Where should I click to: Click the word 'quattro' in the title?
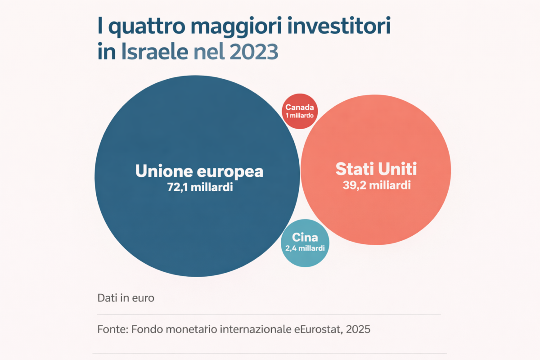click(x=141, y=28)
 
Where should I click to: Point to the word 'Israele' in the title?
click(x=154, y=53)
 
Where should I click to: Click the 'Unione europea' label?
click(x=199, y=171)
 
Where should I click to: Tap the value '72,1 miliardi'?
click(x=199, y=187)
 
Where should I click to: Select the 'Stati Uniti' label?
click(x=376, y=170)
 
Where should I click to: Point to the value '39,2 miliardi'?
click(x=376, y=185)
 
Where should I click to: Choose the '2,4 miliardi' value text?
click(x=305, y=248)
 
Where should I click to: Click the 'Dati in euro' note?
click(x=126, y=298)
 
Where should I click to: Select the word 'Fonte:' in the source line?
click(x=113, y=329)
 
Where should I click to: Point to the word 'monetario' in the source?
click(x=192, y=329)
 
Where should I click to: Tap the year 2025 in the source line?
click(x=358, y=329)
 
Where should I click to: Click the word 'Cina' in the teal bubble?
click(x=305, y=238)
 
